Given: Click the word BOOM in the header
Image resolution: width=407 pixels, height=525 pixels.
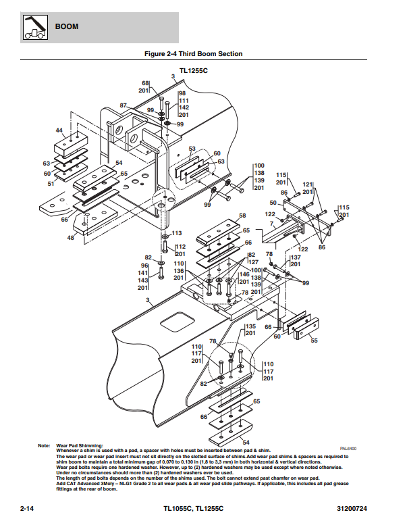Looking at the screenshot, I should point(67,27).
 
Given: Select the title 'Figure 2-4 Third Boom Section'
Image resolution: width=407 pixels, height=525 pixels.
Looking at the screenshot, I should point(194,53).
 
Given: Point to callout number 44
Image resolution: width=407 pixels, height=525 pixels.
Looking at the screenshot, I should point(59,130).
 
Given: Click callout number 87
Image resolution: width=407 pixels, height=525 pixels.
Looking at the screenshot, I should point(124,105).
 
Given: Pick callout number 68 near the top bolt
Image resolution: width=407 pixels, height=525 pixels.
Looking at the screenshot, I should point(145,83).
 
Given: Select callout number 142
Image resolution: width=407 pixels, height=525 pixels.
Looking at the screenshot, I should point(184,107).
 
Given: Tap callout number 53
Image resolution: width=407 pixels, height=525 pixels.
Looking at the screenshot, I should point(192,149).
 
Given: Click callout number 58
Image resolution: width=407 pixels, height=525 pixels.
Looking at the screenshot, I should point(242,216).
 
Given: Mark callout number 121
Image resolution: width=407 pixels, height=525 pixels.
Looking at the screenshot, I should point(308,184).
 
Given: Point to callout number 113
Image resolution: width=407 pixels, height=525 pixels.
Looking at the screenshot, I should point(177,233).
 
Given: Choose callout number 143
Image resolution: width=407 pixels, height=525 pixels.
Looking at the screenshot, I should point(143,280).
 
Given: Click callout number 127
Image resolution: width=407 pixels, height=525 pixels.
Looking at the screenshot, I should point(253,261).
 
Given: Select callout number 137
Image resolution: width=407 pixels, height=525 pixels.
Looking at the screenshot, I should point(296,257).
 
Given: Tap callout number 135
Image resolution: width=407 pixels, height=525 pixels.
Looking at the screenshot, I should point(250,326).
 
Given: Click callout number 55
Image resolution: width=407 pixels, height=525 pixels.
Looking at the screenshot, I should point(313,341).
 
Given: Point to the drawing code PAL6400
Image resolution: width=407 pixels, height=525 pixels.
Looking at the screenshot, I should point(348,447).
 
